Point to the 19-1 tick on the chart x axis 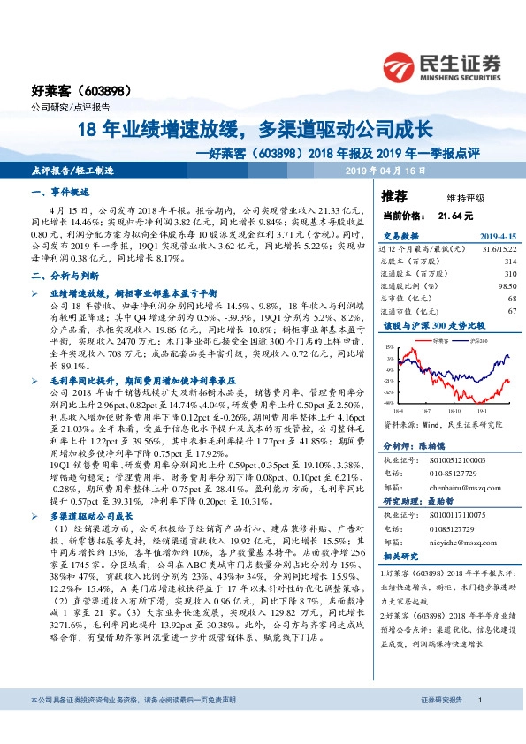click(x=484, y=411)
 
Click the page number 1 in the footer click(x=478, y=724)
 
